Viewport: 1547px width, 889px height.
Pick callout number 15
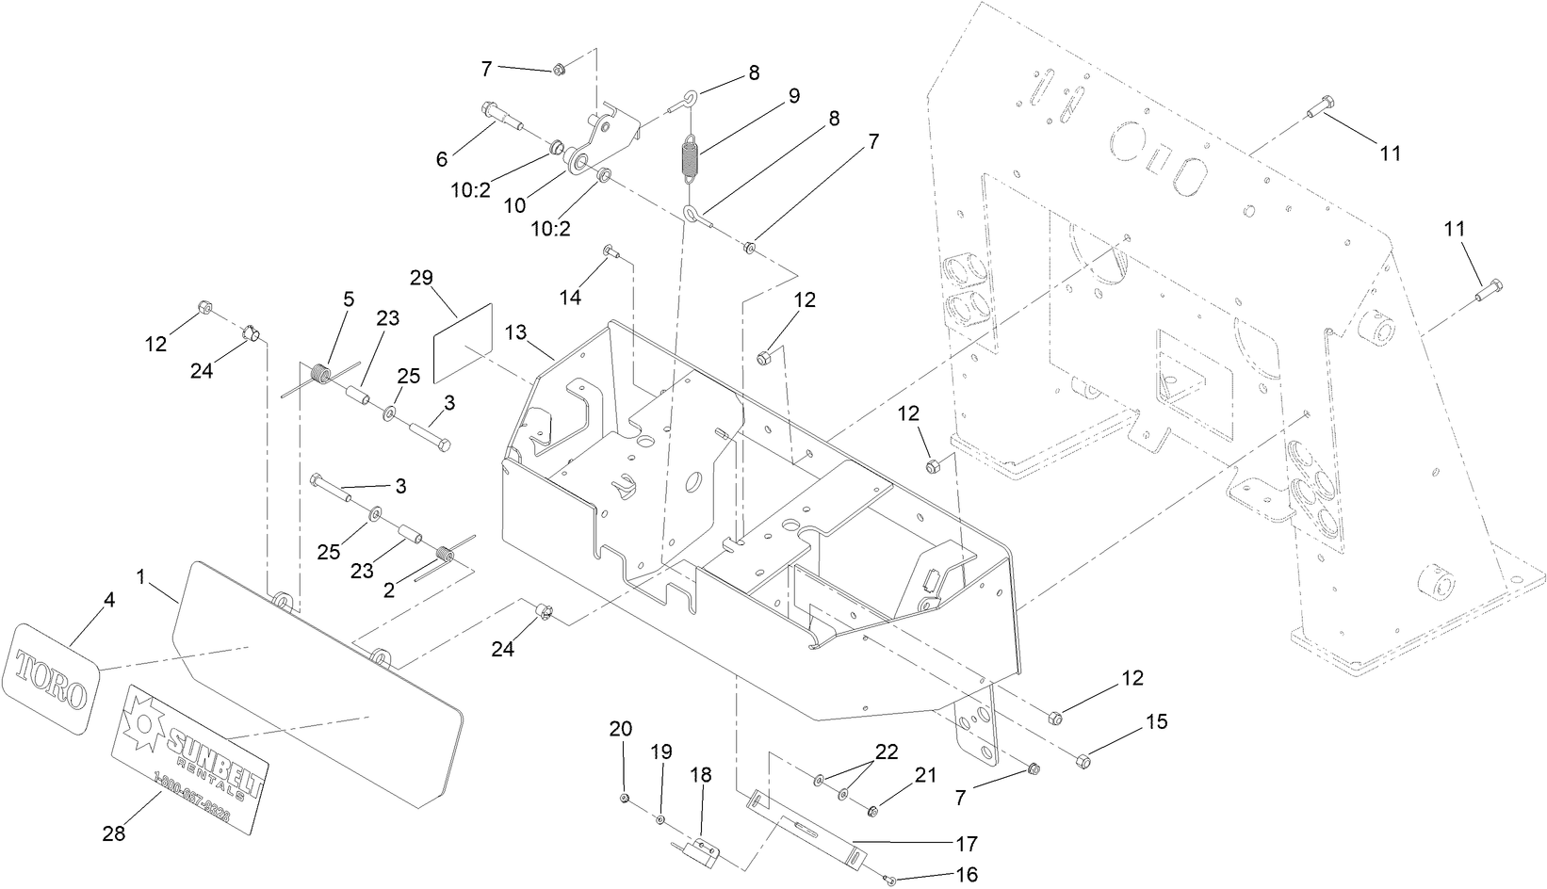pos(1156,722)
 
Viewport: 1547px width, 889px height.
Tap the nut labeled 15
pos(1083,759)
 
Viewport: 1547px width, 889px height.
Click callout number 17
pos(967,843)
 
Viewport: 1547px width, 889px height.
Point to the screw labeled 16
pos(890,880)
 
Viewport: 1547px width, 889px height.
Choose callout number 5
pos(349,299)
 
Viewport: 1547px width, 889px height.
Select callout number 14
pos(571,298)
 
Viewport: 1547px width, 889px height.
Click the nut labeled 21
pos(872,810)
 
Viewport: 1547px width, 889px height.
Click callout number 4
pos(109,599)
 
